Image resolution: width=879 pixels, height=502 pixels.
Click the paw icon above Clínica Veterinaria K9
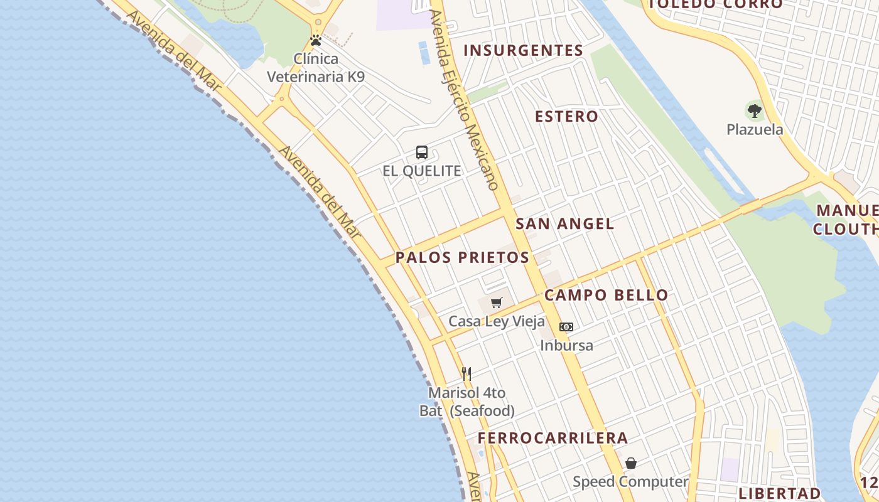[x=316, y=41]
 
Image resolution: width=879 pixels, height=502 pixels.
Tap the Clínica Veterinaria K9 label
[x=316, y=68]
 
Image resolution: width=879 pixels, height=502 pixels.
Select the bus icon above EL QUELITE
[x=422, y=152]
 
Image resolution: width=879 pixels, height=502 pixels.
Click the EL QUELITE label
[x=422, y=171]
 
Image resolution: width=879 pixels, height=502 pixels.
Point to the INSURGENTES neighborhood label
[x=524, y=51]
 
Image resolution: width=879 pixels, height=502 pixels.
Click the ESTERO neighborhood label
[x=566, y=117]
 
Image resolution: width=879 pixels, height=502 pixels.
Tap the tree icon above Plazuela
[x=755, y=112]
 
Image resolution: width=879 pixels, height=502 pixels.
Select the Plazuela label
[x=755, y=130]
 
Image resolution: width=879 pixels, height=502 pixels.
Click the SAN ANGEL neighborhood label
[x=565, y=224]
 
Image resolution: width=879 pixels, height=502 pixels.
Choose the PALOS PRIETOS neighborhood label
[x=462, y=258]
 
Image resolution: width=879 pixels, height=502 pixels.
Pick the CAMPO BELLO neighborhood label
[x=607, y=295]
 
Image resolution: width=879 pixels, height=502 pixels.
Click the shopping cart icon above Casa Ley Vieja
[x=497, y=303]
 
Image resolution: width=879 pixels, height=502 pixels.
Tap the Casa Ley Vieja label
[x=497, y=321]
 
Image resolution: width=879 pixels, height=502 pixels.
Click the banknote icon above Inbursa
[x=566, y=327]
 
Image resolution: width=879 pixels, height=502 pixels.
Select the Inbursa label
[x=566, y=345]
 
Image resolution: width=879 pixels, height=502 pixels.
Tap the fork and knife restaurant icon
[x=466, y=374]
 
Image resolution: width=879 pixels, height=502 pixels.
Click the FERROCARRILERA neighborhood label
[x=553, y=438]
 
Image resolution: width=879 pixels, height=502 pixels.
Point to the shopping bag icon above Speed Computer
[x=631, y=464]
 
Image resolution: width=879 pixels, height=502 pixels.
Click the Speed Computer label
[x=630, y=482]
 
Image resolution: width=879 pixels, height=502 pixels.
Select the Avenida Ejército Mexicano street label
[x=464, y=100]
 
